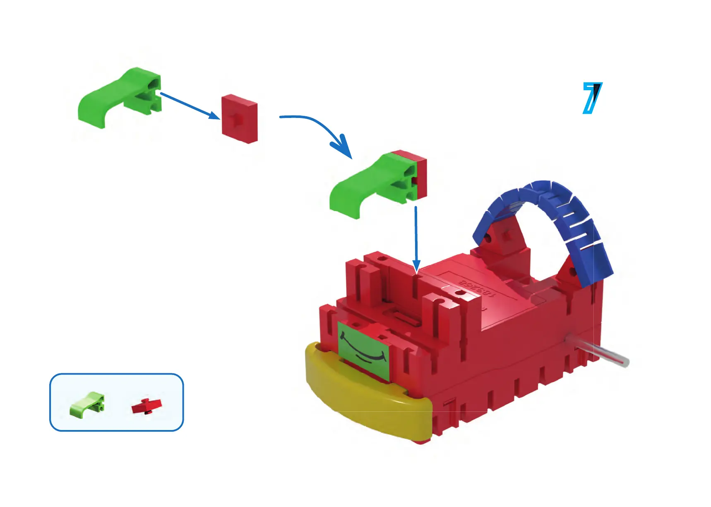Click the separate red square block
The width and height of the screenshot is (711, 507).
pyautogui.click(x=240, y=119)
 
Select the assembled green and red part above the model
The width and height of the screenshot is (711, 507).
pyautogui.click(x=379, y=182)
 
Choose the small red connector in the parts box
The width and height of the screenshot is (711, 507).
pyautogui.click(x=147, y=406)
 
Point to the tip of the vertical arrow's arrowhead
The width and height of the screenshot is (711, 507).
pyautogui.click(x=416, y=273)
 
